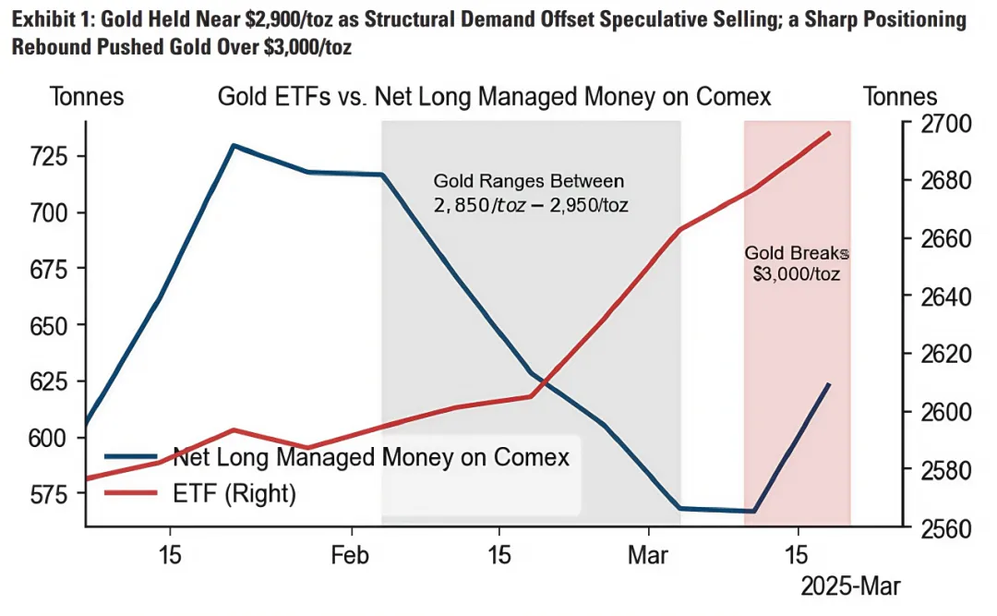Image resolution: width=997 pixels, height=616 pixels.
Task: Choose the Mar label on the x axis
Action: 648,557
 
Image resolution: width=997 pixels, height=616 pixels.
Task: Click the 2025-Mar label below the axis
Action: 849,586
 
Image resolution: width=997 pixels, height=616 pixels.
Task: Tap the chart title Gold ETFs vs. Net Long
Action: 494,97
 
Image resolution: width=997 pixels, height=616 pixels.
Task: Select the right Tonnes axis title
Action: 899,97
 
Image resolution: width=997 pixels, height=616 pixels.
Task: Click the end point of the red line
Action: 829,133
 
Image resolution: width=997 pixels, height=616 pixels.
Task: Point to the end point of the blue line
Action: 829,384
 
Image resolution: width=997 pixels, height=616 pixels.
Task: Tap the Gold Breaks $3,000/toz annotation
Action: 796,263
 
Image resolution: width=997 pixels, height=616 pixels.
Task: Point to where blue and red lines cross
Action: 544,383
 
